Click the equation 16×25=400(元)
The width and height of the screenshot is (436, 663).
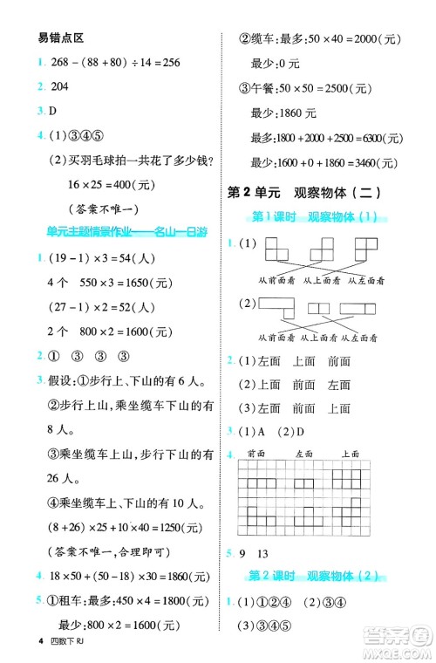click(x=96, y=185)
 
